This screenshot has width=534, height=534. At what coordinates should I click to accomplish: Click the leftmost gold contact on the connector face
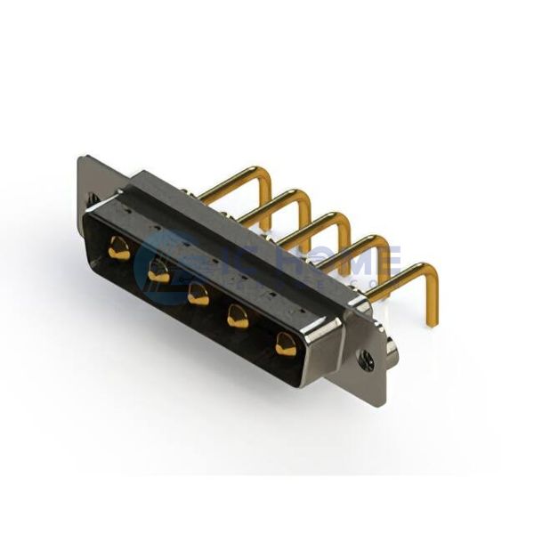pyautogui.click(x=118, y=249)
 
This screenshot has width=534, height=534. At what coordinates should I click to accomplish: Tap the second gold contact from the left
pyautogui.click(x=158, y=273)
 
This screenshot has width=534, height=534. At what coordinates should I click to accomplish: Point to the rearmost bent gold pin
pyautogui.click(x=233, y=178)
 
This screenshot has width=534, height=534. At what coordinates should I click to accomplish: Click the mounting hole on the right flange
pyautogui.click(x=365, y=359)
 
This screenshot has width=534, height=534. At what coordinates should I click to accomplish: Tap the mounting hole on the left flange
pyautogui.click(x=92, y=198)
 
